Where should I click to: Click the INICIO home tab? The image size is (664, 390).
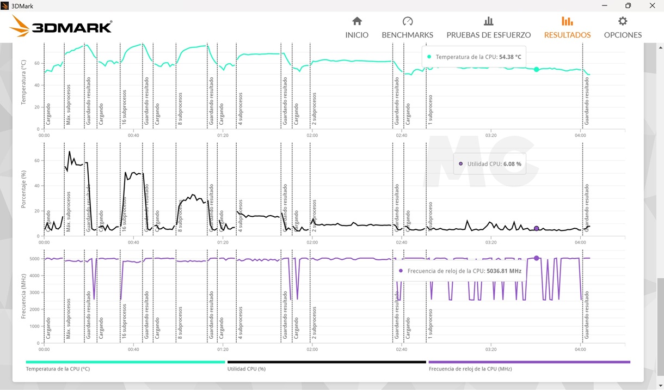pos(356,28)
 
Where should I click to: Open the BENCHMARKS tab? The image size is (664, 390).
pos(407,28)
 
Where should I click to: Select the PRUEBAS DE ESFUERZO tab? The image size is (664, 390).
pos(488,28)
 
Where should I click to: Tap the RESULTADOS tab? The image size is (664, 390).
pos(567,28)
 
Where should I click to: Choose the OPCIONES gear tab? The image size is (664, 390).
pos(623,28)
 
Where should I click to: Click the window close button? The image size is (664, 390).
pos(652,5)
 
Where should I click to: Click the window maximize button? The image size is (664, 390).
pos(628,5)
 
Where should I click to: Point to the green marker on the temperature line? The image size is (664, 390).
pos(536,70)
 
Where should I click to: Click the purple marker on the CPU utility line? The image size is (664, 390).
pos(536,229)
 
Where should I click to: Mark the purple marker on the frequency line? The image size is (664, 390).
pos(536,258)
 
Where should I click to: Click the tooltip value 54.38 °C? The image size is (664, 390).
pos(510,57)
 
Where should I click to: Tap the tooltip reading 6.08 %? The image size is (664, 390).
pos(512,164)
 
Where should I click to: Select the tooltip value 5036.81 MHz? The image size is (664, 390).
pos(503,271)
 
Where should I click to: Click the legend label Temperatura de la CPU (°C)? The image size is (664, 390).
pos(58,369)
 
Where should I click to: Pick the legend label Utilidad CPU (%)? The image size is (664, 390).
pos(246,369)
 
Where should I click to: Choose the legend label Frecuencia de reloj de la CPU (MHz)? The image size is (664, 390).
pos(470,369)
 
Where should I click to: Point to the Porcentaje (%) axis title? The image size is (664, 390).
pos(23,188)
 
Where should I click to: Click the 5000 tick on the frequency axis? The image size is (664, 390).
pos(34,259)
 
